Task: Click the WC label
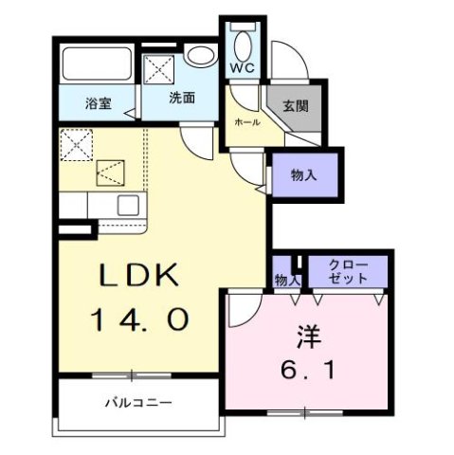point(242,68)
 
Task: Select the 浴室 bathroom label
point(98,104)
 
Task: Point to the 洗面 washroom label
point(182,98)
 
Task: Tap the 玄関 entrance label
point(295,106)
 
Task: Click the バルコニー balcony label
point(138,403)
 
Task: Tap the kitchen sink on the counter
point(126,205)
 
